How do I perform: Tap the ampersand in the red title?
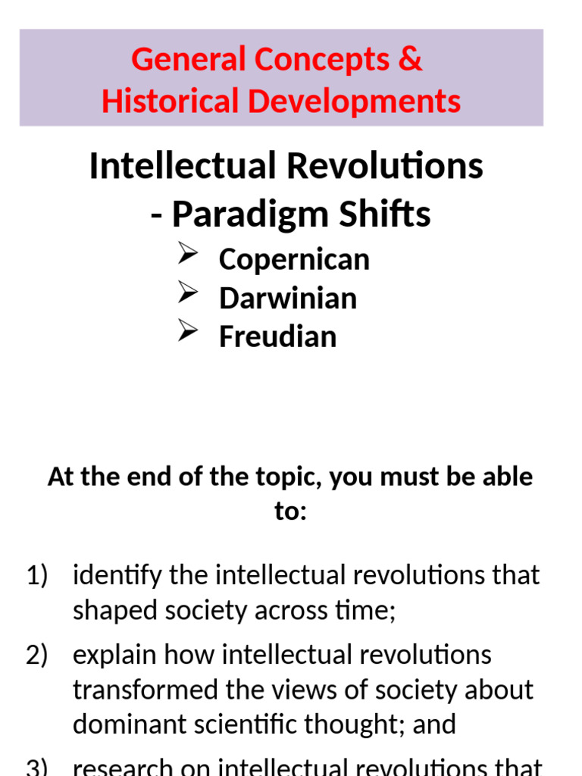click(409, 60)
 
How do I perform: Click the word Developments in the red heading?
click(352, 101)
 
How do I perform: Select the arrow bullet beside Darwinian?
click(188, 294)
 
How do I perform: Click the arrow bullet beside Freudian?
click(188, 332)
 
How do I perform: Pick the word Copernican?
click(294, 259)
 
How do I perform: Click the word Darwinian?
click(288, 298)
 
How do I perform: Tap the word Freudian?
click(277, 336)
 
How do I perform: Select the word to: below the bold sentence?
click(291, 512)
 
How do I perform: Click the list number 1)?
click(38, 576)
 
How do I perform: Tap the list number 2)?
click(38, 655)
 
